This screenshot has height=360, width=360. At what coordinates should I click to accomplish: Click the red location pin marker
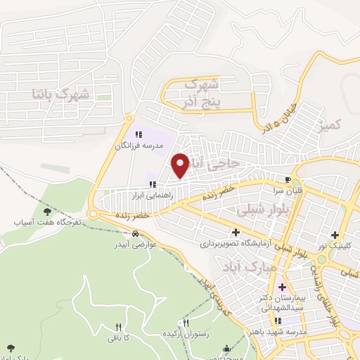(181, 165)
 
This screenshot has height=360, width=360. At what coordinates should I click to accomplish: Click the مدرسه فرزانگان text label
(139, 146)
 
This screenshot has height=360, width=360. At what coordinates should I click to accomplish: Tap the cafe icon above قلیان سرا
(288, 179)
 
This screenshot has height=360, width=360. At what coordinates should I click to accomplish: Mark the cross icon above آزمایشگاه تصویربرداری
(235, 233)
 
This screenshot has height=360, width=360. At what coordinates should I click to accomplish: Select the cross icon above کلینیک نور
(335, 235)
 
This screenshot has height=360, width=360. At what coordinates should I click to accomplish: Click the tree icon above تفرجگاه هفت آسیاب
(47, 211)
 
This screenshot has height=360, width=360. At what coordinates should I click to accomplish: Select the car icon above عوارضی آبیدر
(135, 235)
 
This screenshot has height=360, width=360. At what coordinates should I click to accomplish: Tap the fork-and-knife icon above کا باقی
(117, 327)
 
